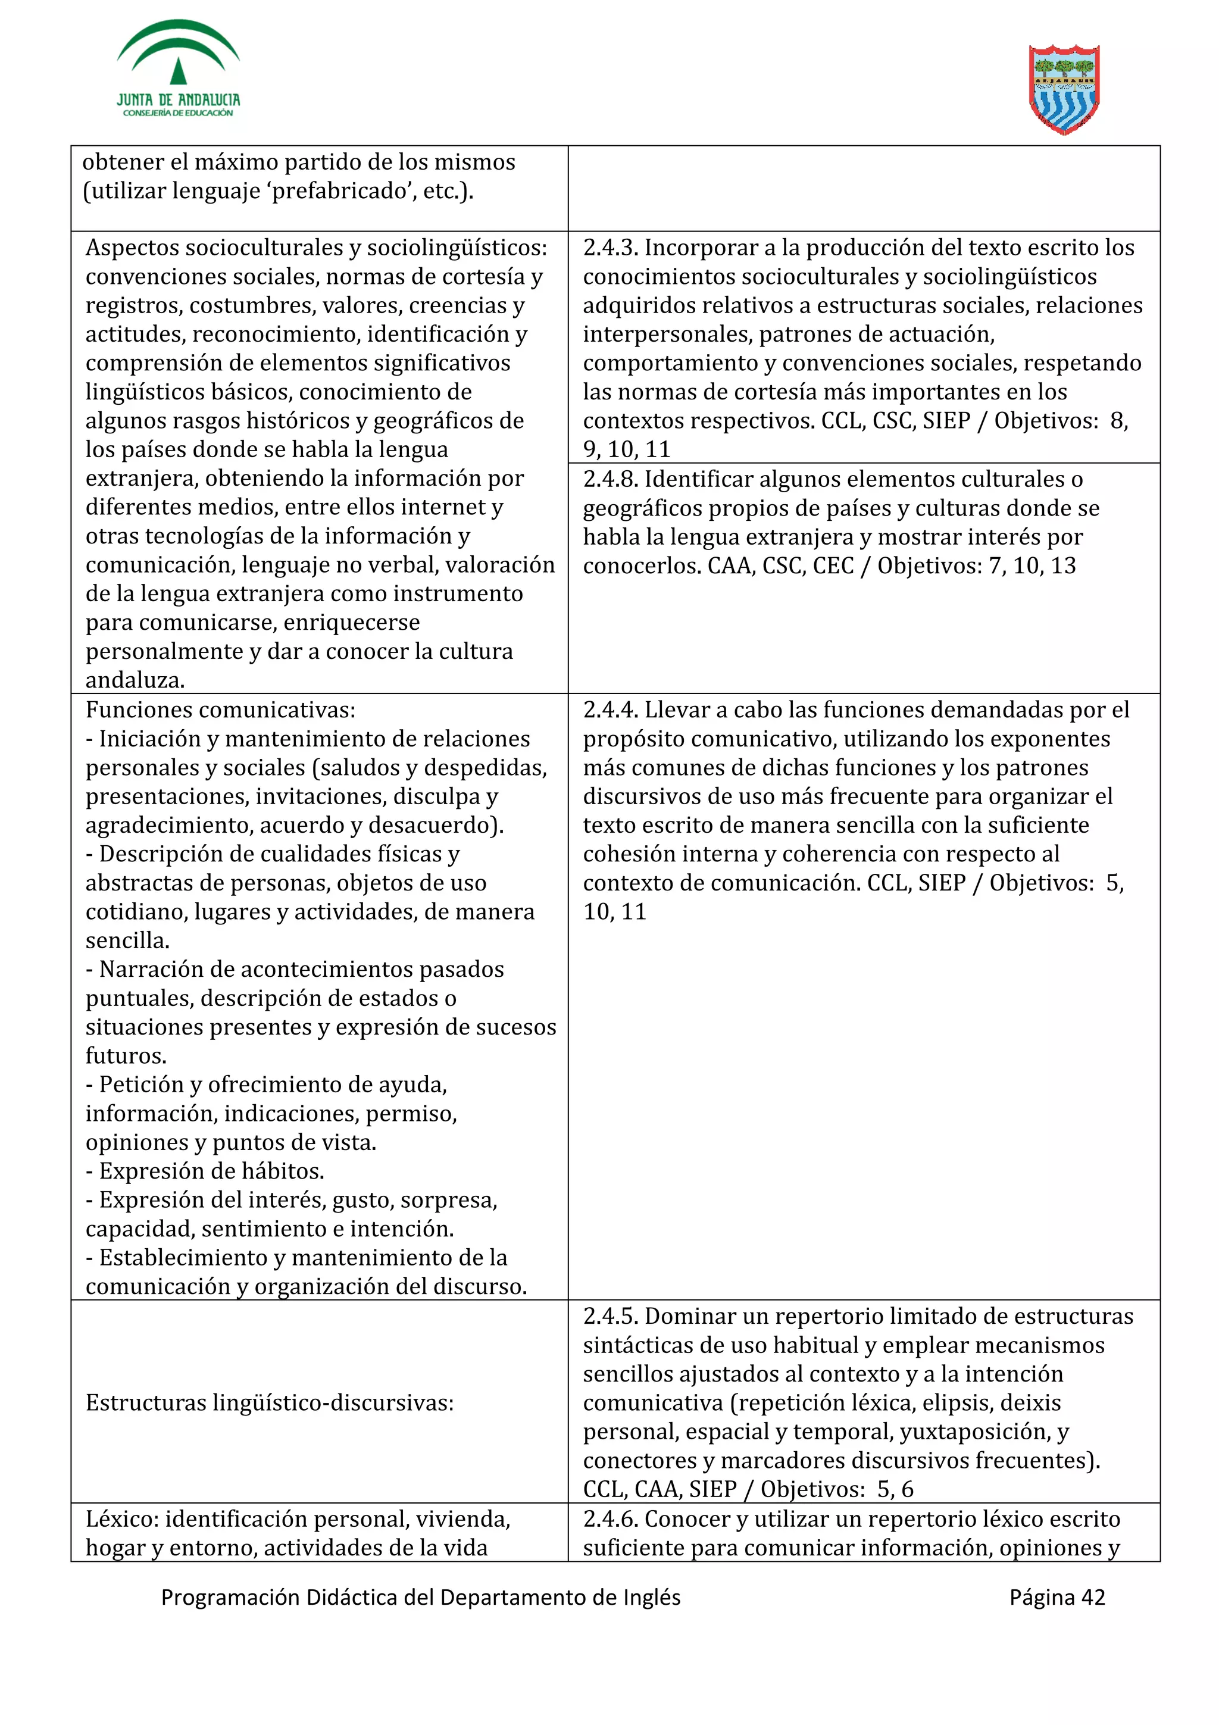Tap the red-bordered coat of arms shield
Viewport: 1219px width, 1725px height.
click(x=1064, y=89)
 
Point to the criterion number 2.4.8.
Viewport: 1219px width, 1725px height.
click(x=611, y=479)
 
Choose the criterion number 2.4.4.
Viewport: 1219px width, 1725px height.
click(x=611, y=710)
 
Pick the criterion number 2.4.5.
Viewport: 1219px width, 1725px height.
click(x=611, y=1316)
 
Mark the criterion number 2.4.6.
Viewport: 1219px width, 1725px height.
click(x=611, y=1519)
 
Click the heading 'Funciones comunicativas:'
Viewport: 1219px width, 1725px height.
click(x=220, y=710)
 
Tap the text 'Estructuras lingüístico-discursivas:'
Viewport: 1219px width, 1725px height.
click(x=270, y=1403)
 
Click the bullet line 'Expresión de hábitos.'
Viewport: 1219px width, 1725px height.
click(x=211, y=1171)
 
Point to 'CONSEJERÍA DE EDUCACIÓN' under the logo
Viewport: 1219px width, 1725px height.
click(x=178, y=112)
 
